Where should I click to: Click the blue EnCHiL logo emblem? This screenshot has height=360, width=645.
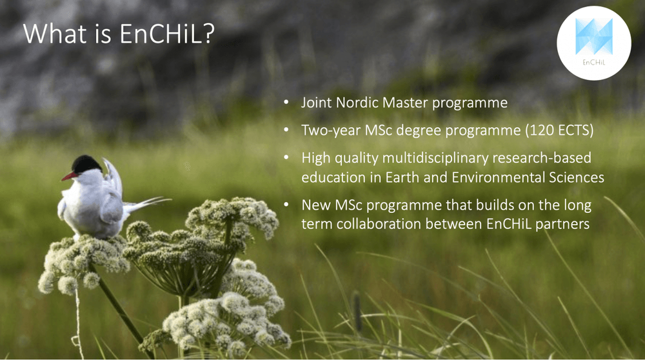[x=593, y=36]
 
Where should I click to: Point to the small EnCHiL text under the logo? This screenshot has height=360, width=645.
[x=593, y=63]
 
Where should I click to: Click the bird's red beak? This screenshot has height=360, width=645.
[x=70, y=177]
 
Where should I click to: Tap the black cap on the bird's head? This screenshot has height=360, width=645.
[x=86, y=164]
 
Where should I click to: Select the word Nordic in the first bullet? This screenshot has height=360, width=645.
[x=357, y=103]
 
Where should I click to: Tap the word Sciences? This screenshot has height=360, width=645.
[x=576, y=177]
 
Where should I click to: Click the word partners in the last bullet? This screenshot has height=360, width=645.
[x=562, y=225]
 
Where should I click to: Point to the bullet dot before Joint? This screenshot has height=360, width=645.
[x=286, y=102]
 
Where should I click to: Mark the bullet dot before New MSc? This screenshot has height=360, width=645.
[x=286, y=205]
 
